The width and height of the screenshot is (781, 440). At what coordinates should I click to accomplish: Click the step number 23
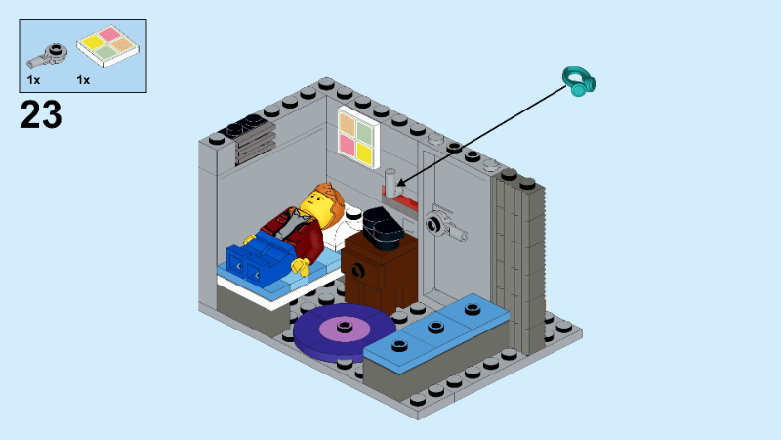tap(41, 114)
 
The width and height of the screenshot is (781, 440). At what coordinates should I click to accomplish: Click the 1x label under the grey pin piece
tap(34, 79)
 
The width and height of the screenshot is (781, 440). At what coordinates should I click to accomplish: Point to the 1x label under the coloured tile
tap(83, 79)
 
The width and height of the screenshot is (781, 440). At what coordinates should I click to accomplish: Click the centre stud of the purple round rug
tap(344, 328)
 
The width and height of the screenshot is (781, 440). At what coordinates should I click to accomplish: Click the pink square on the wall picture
tap(347, 146)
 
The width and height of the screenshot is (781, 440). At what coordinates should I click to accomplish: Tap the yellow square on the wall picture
tap(365, 152)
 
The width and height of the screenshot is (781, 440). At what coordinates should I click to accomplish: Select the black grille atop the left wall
tap(244, 130)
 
